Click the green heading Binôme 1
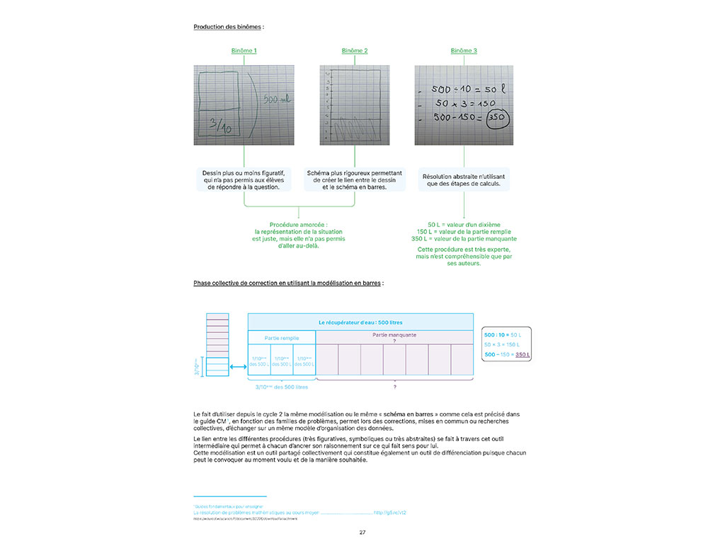click(244, 51)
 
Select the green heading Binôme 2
click(355, 51)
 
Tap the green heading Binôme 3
click(464, 51)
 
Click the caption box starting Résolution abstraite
click(464, 180)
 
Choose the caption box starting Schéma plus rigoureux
click(355, 180)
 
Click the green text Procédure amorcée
click(299, 224)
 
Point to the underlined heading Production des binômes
click(228, 27)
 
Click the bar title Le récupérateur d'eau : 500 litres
click(360, 322)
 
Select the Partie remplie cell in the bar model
click(281, 338)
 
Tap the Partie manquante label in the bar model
click(394, 335)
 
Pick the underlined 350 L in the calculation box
click(523, 354)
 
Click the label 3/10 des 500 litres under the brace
click(281, 387)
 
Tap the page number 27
click(362, 532)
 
